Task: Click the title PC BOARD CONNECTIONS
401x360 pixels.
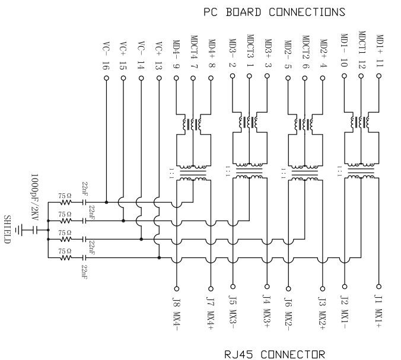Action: click(x=274, y=12)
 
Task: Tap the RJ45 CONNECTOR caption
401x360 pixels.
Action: click(x=274, y=355)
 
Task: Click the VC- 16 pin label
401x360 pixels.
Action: click(x=106, y=55)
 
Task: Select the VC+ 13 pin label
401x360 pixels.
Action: click(x=158, y=55)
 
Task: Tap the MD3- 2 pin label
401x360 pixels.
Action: click(x=233, y=53)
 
